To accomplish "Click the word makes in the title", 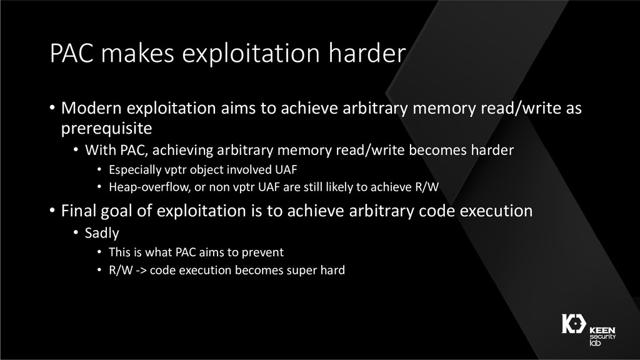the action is pyautogui.click(x=137, y=53).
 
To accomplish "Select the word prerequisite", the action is pyautogui.click(x=106, y=129).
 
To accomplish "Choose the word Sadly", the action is pyautogui.click(x=102, y=233).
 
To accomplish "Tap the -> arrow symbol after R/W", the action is pyautogui.click(x=141, y=270).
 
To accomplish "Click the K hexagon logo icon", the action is pyautogui.click(x=574, y=324).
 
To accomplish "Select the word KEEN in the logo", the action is pyautogui.click(x=602, y=330).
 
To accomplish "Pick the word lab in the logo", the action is pyautogui.click(x=595, y=343).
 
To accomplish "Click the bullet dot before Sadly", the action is pyautogui.click(x=76, y=232).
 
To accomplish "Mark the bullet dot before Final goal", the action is pyautogui.click(x=52, y=211).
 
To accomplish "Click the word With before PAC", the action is pyautogui.click(x=100, y=150).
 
